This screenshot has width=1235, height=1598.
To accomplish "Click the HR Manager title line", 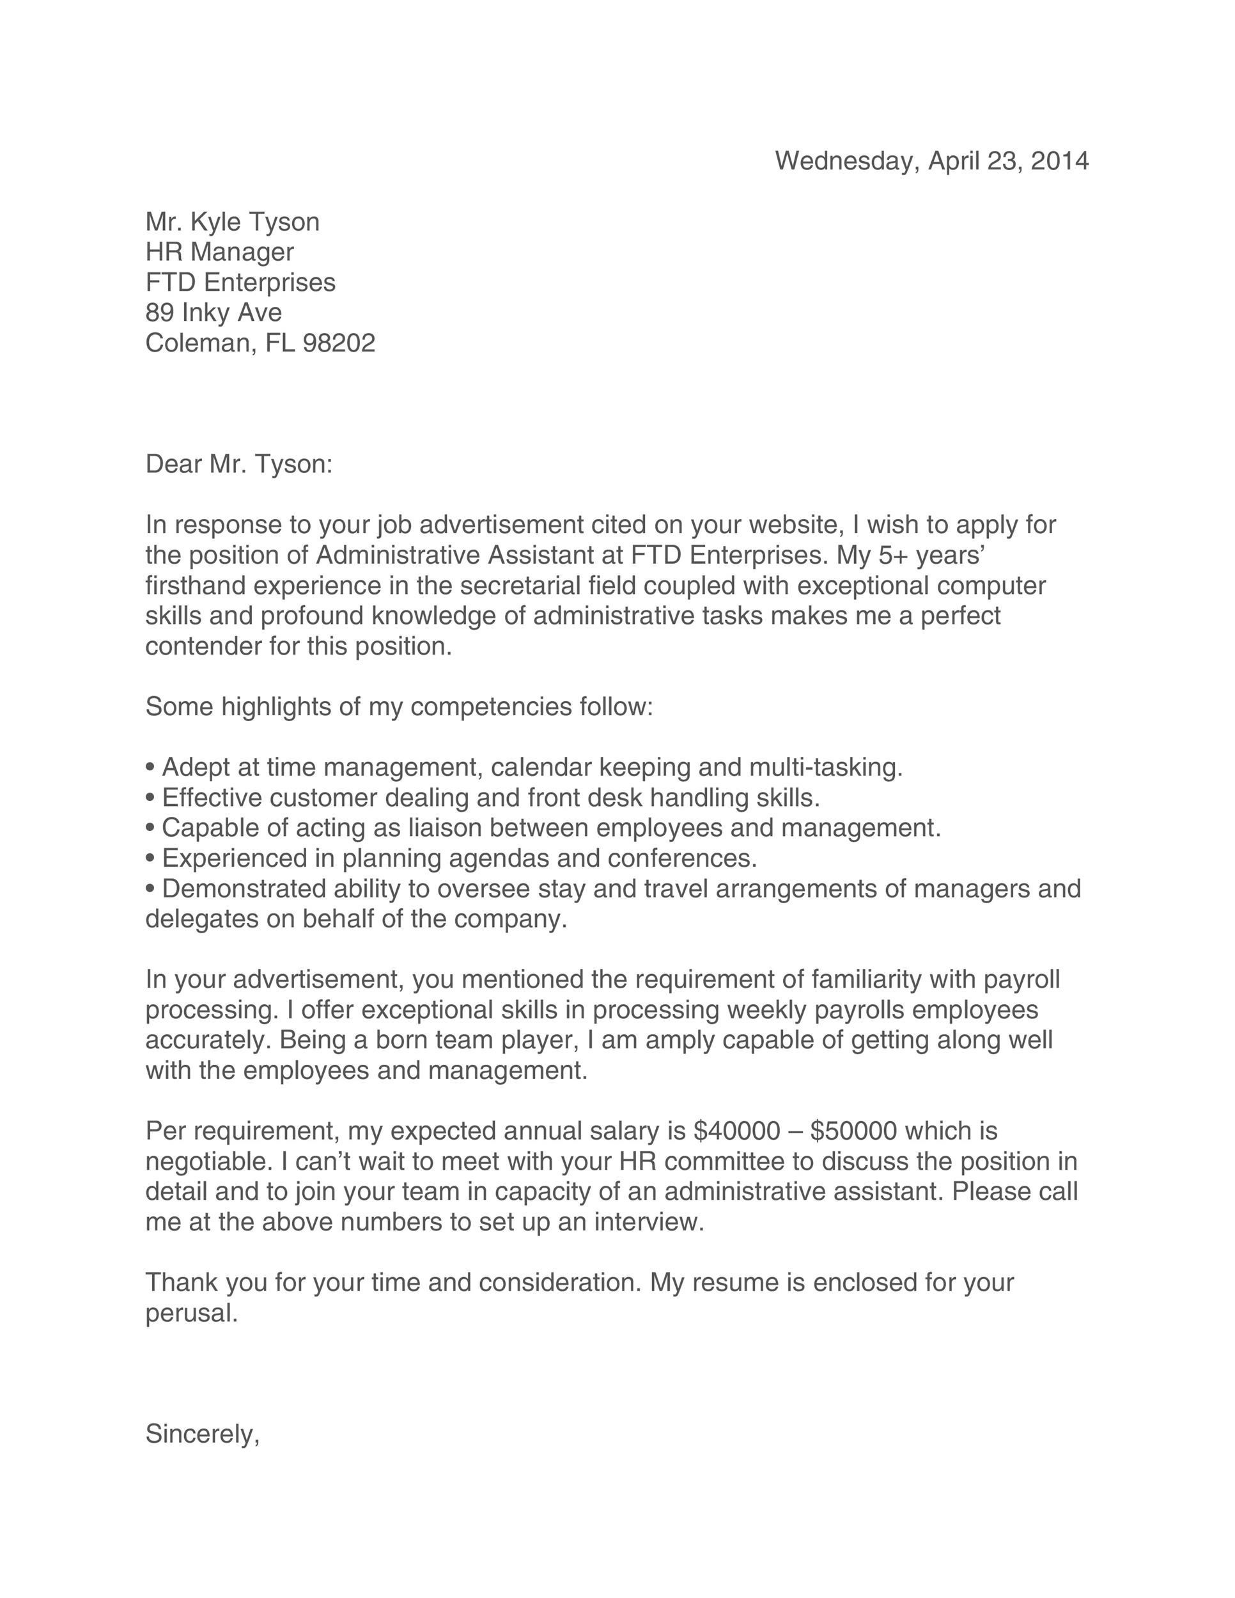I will [x=219, y=252].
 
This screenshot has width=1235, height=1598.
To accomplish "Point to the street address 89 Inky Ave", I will [x=214, y=313].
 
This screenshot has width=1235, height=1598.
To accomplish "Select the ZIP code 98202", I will [x=339, y=343].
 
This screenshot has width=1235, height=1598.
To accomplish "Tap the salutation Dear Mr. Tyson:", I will [x=239, y=464].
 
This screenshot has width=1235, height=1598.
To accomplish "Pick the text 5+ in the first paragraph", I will [x=893, y=555].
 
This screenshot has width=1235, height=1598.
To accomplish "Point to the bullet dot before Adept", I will [x=150, y=768].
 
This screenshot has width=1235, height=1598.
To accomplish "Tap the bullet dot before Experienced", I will [x=150, y=858].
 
